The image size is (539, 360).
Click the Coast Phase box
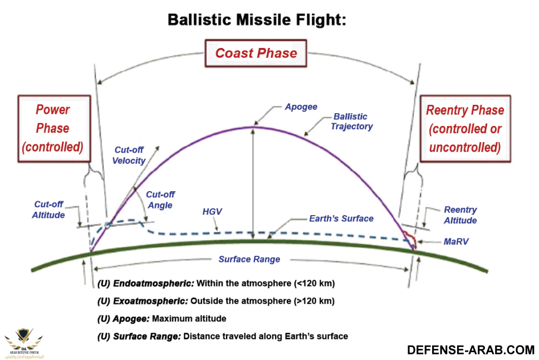256,53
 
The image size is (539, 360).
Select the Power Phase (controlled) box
52,128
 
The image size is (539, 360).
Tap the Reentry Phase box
465,129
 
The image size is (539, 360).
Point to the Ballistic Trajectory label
351,121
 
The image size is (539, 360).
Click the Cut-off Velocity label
130,155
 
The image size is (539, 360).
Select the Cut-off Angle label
160,200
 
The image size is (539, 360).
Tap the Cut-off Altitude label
48,210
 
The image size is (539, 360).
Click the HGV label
212,212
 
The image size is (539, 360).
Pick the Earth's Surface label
341,218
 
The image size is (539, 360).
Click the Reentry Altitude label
460,215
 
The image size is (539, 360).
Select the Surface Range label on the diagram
249,259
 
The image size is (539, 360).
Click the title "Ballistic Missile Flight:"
257,21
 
